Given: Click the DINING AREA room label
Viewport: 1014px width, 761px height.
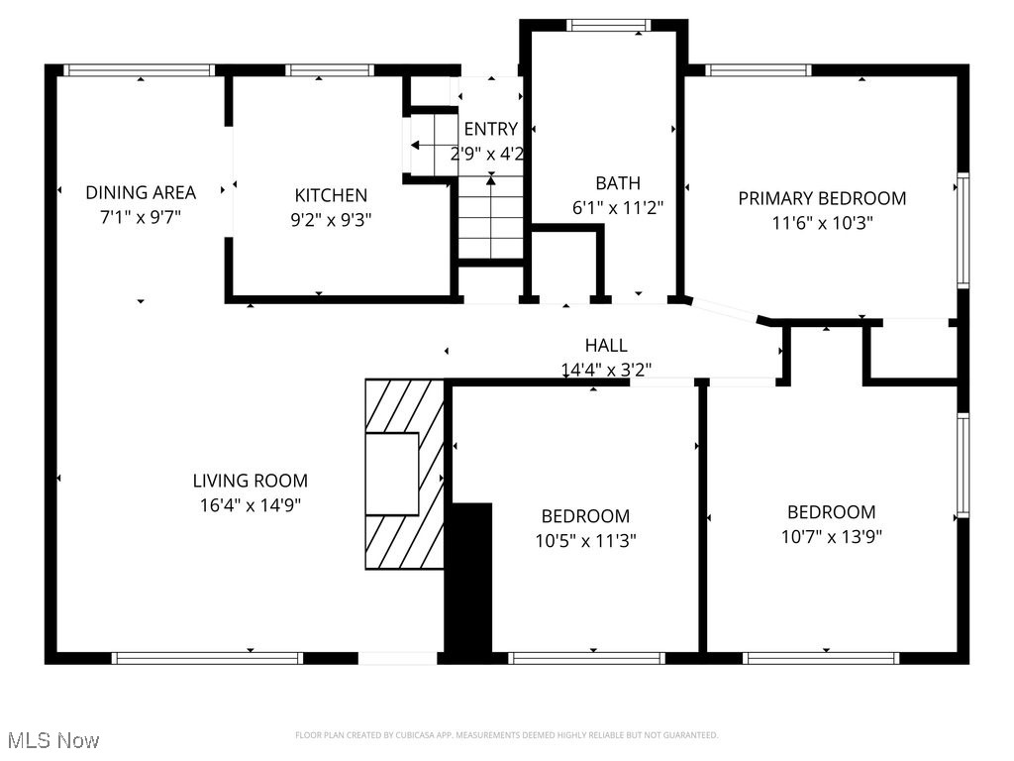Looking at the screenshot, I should coord(141,192).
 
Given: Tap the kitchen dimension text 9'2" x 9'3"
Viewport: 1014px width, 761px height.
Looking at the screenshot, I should coord(331,221).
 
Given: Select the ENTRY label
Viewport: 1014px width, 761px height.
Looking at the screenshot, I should coord(490,129).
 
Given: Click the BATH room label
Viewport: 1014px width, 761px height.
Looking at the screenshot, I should coord(617,183).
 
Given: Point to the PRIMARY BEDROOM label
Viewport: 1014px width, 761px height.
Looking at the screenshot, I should coord(822,198).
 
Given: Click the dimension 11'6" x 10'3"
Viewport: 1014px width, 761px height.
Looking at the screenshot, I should coord(822,223).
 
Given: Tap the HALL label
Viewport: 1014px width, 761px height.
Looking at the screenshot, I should coord(606,346).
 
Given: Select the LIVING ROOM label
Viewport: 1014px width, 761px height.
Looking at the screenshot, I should coord(250,481).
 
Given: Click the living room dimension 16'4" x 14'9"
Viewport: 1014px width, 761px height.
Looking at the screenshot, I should coord(250,505).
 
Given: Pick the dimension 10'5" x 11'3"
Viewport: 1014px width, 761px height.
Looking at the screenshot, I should coord(585,541).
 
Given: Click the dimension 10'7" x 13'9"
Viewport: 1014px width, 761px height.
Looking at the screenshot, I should coord(831,537).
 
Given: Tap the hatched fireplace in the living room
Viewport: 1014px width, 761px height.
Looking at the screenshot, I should coord(404,474).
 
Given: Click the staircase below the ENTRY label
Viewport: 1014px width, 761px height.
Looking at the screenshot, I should coord(490,223).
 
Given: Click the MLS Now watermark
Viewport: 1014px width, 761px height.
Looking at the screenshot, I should coord(53,740).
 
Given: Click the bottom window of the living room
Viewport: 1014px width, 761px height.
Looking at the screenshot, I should coord(207,658).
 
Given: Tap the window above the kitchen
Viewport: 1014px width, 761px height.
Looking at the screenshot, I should coord(329,70).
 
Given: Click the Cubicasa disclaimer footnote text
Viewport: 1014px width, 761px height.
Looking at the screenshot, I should coord(506,735).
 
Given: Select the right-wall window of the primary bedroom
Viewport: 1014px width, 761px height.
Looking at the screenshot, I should coord(962,231).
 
